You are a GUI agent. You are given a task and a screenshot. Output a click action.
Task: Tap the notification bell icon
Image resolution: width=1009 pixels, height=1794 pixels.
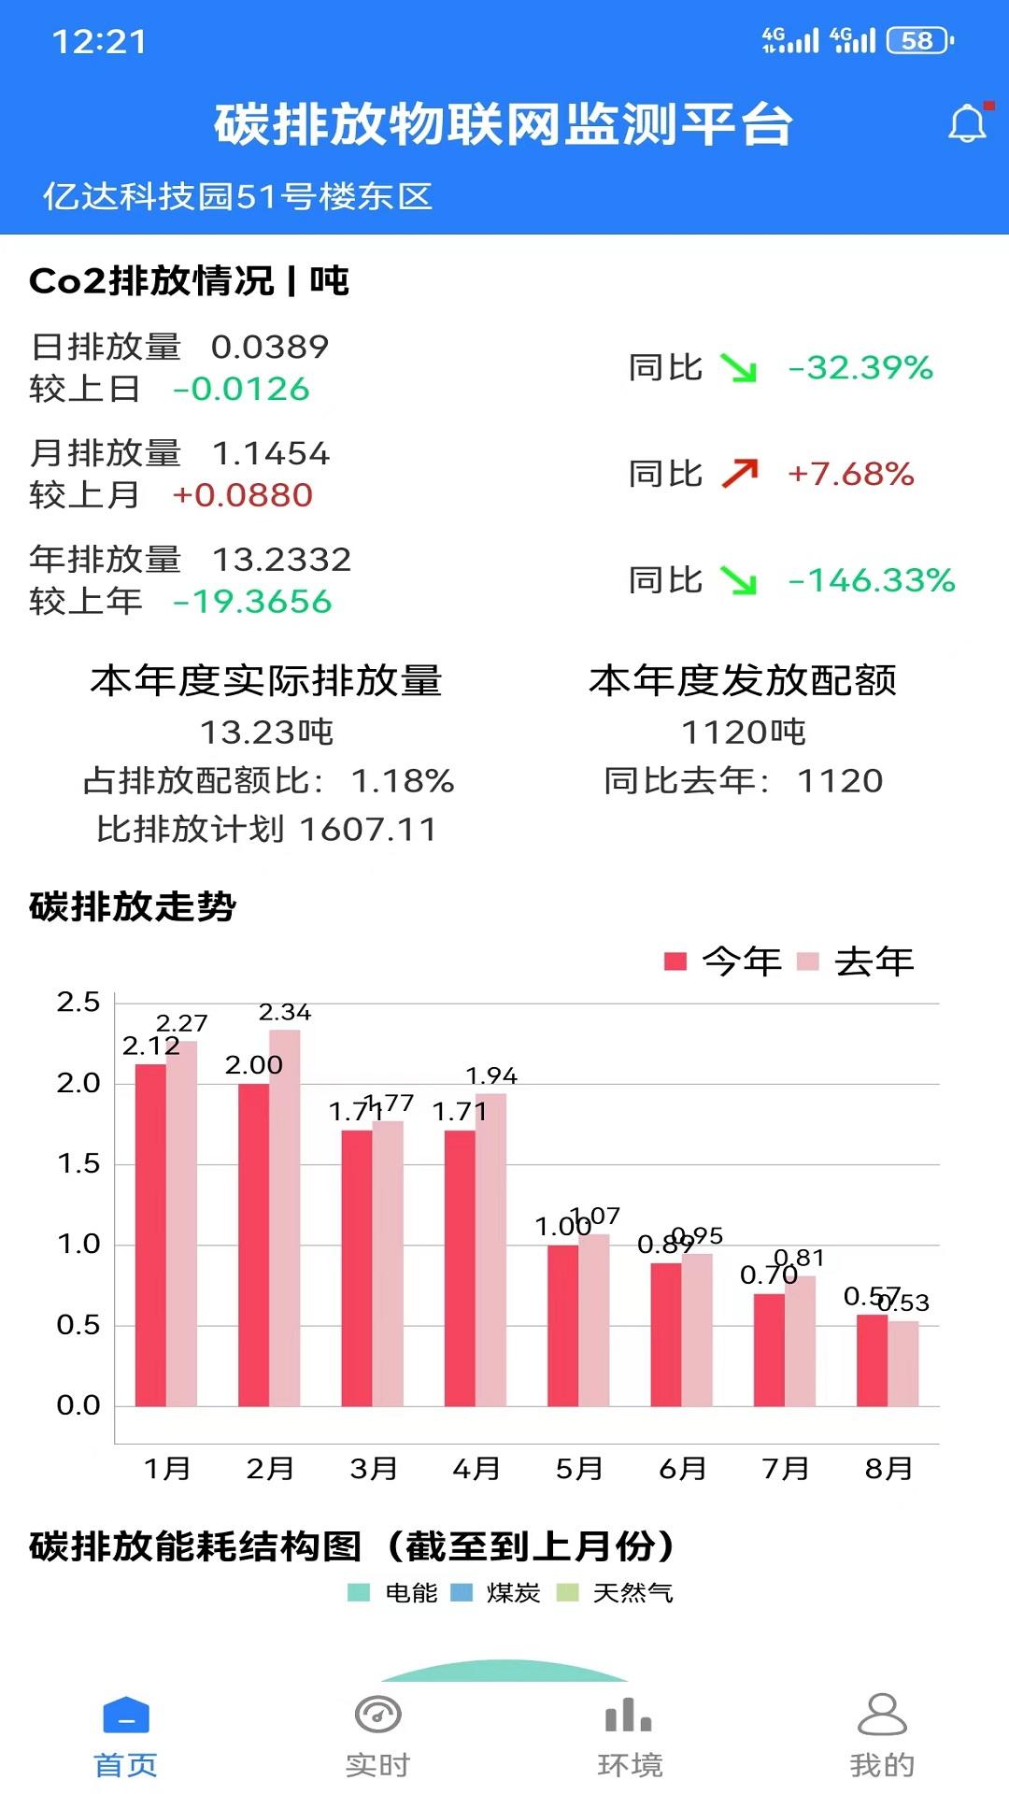968,124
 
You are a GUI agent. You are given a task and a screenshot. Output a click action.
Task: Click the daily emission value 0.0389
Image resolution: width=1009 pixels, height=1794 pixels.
270,348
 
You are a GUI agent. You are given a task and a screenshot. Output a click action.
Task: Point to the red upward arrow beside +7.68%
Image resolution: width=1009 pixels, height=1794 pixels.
740,474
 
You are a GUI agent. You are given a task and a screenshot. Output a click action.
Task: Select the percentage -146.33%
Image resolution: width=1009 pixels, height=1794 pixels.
872,580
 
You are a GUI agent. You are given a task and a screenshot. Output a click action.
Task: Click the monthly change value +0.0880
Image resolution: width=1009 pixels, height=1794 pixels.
243,495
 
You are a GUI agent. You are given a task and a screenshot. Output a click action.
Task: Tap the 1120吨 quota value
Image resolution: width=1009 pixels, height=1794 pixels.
743,733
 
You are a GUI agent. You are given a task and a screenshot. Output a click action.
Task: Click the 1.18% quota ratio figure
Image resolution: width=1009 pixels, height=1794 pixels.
403,781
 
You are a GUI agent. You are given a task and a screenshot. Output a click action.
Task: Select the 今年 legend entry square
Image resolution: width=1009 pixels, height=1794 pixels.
675,961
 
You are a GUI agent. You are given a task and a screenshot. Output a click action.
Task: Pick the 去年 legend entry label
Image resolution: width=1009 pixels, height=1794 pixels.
874,961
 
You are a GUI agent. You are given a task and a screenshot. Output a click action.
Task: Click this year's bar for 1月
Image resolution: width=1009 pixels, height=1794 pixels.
150,1233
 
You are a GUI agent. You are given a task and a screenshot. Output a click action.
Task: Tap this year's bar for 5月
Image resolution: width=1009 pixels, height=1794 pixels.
562,1325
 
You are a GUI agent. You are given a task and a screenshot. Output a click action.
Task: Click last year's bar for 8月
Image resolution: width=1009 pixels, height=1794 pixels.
903,1362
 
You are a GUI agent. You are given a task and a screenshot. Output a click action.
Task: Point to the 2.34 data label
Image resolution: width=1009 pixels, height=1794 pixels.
285,1013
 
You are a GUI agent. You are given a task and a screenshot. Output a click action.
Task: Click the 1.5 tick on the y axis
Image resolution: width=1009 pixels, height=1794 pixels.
78,1164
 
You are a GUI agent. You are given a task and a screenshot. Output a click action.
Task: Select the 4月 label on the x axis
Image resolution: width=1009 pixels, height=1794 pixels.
476,1469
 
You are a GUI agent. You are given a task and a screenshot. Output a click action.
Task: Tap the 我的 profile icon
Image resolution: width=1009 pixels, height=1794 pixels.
882,1716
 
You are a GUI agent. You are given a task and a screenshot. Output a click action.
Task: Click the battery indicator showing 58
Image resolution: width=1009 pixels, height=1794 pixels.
919,41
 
